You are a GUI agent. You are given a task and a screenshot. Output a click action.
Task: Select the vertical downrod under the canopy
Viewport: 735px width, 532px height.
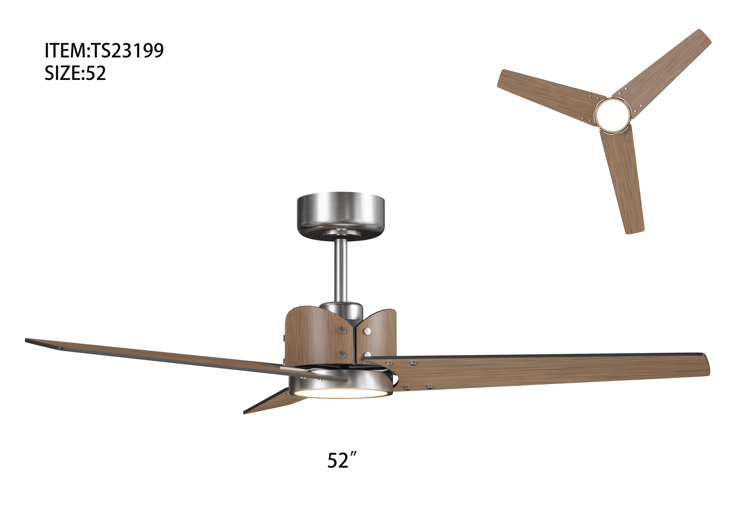(340, 272)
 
